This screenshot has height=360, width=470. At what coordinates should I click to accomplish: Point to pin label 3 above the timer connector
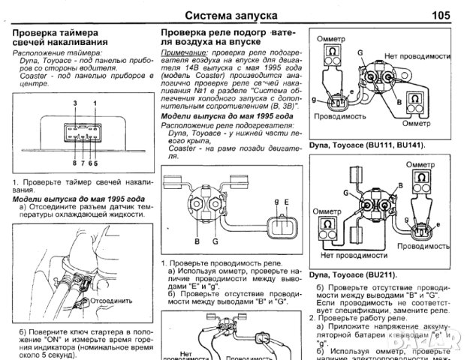point(74,101)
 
